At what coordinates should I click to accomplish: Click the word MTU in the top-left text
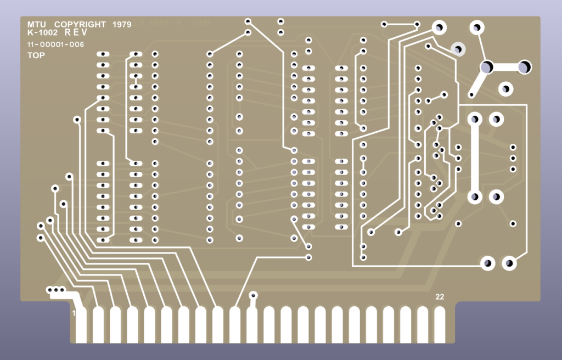(37, 25)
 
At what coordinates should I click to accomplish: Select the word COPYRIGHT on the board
(80, 25)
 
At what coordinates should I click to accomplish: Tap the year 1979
(121, 25)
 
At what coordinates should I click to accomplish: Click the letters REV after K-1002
(76, 33)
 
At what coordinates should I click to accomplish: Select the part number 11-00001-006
(55, 45)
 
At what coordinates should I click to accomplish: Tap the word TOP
(36, 55)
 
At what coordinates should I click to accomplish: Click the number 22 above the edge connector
(440, 297)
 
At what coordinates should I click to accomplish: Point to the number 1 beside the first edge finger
(74, 313)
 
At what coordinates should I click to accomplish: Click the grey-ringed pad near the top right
(457, 49)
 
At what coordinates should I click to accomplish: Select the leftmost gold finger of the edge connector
(81, 324)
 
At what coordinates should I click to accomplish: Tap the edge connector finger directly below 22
(440, 324)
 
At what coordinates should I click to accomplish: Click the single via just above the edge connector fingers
(253, 295)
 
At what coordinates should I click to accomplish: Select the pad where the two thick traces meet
(486, 67)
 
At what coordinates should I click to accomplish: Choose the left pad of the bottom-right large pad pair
(487, 263)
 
